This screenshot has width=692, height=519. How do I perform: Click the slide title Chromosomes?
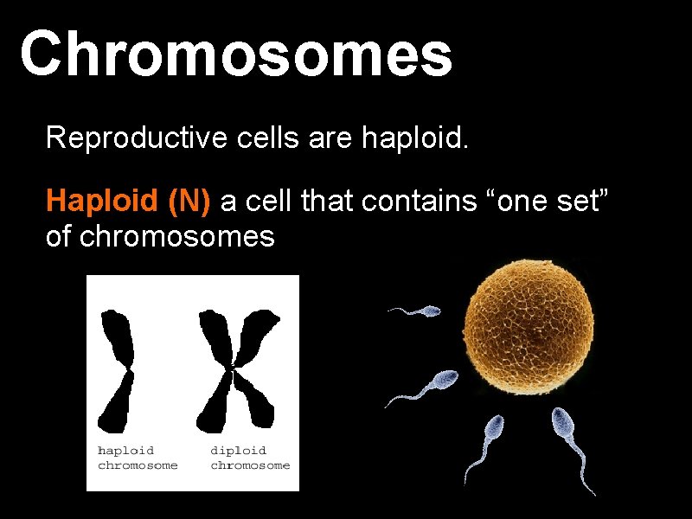(x=235, y=53)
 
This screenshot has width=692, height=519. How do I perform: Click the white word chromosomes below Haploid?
(x=176, y=236)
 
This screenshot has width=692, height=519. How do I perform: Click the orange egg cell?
(x=529, y=324)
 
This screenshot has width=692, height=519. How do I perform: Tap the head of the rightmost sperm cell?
(x=562, y=423)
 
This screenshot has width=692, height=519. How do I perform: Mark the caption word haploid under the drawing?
(x=126, y=451)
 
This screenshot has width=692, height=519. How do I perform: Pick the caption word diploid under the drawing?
(x=239, y=451)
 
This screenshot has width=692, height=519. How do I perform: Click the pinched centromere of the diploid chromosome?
(x=233, y=370)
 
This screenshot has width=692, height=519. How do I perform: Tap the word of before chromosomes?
(x=59, y=236)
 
